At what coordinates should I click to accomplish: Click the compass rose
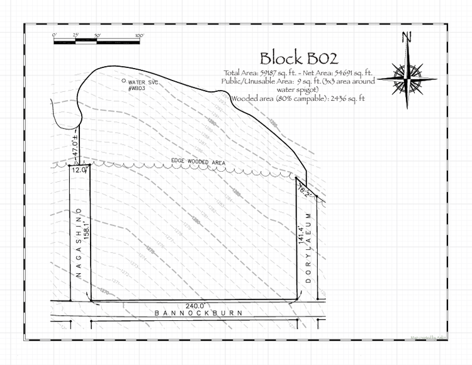(407, 77)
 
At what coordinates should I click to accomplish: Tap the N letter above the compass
(407, 37)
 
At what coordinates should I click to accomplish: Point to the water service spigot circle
(123, 81)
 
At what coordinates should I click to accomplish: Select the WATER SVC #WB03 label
(140, 86)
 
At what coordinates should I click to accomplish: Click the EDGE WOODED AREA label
(198, 162)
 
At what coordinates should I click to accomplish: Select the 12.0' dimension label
(79, 170)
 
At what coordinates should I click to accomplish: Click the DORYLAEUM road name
(309, 247)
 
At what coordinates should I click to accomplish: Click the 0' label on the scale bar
(55, 35)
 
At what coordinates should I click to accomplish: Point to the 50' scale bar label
(97, 35)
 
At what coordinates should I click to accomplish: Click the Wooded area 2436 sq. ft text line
(298, 98)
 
